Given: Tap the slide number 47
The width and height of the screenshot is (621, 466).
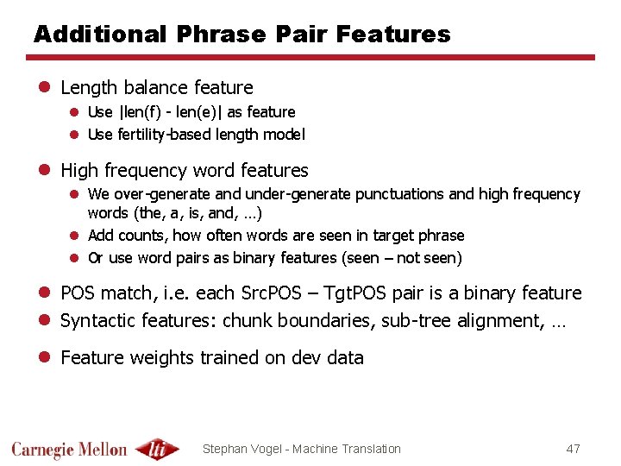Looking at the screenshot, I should (573, 449).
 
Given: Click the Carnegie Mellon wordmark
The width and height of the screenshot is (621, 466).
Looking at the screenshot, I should (69, 449).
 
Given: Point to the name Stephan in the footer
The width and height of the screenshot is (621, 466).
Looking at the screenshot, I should (224, 449).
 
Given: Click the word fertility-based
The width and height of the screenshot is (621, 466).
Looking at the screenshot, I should (157, 135).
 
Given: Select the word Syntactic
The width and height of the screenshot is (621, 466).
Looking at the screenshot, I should (94, 321).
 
